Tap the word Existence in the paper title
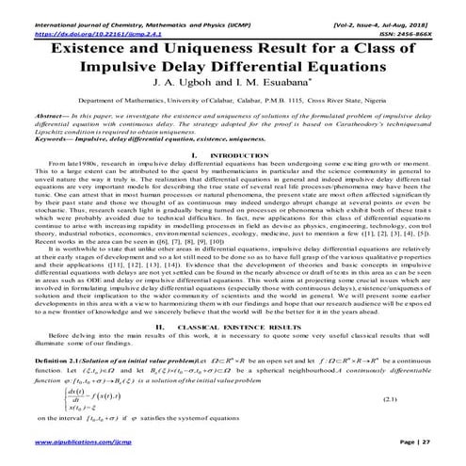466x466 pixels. (94, 45)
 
